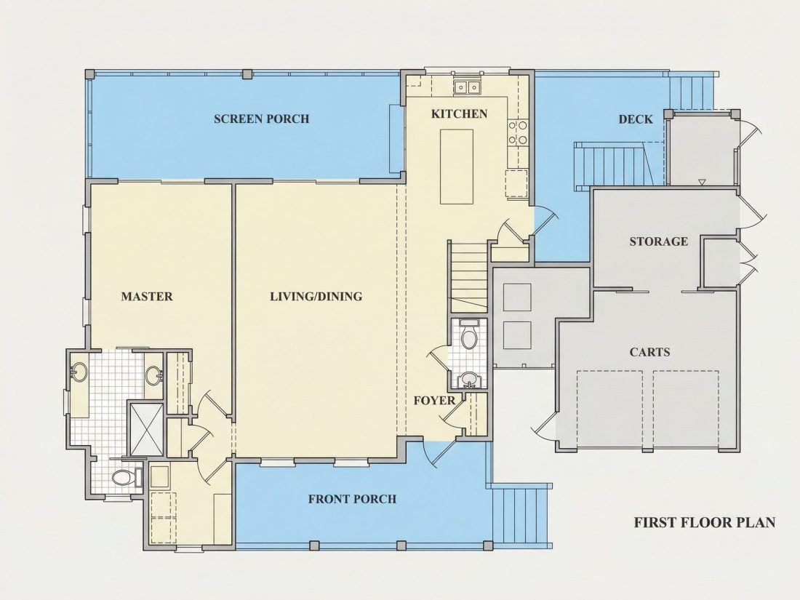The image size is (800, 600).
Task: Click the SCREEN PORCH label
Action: [x=261, y=119]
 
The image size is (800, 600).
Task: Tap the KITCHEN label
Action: [x=459, y=113]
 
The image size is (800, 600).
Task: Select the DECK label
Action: [x=636, y=119]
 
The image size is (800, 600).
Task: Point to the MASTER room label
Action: [x=147, y=297]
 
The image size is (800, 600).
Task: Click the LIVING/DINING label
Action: [x=316, y=297]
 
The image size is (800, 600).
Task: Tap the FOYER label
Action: [x=434, y=401]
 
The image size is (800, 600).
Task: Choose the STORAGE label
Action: [x=659, y=241]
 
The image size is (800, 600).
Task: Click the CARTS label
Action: [x=649, y=352]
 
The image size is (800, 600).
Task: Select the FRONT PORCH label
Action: [x=352, y=499]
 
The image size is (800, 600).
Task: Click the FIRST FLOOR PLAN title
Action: [x=705, y=522]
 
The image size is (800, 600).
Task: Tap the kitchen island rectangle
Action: [x=457, y=167]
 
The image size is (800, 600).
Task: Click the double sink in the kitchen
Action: [x=467, y=88]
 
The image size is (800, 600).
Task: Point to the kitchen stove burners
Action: [x=517, y=132]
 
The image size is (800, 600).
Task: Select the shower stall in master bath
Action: [x=146, y=429]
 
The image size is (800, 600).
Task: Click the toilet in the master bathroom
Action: [x=125, y=478]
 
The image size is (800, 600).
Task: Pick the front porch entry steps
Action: [x=521, y=516]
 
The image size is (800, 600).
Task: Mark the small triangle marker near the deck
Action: [x=702, y=182]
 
